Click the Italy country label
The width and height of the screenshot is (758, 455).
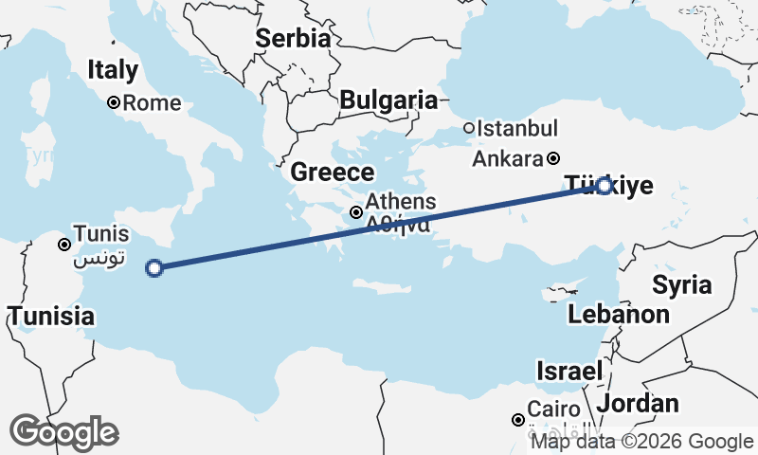tap(113, 69)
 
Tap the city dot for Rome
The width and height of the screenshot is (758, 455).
tap(113, 102)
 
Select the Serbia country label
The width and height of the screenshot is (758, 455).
tap(293, 39)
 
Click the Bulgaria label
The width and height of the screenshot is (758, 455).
tap(388, 100)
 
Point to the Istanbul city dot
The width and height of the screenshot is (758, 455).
tap(468, 128)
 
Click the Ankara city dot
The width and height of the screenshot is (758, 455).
tap(553, 158)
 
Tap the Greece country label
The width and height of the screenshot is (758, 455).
tap(332, 173)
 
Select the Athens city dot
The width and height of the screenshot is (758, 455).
tap(356, 212)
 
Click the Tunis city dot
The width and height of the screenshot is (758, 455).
tap(64, 244)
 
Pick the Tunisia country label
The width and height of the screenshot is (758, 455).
tap(51, 316)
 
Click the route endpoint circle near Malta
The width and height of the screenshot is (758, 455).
tap(154, 268)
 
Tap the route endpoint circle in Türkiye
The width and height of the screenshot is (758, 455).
tap(605, 186)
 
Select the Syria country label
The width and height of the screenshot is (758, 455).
tap(681, 284)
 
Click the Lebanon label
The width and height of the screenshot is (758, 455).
tap(620, 314)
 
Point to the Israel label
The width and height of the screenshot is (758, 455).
tap(569, 371)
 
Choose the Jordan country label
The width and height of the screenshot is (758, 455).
tap(639, 403)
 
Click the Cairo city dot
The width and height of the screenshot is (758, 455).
tap(517, 420)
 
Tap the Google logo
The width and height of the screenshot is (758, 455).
tap(64, 432)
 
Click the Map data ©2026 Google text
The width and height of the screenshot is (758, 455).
tap(641, 442)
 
